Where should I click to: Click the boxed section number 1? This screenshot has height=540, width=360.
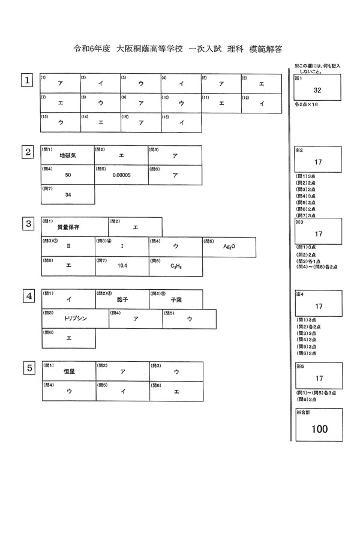(x=27, y=80)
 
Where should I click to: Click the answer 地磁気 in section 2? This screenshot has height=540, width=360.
(x=67, y=155)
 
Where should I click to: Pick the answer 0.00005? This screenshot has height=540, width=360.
(x=121, y=175)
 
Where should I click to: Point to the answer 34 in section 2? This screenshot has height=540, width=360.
(x=68, y=195)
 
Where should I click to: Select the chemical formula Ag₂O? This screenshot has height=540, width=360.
(x=229, y=247)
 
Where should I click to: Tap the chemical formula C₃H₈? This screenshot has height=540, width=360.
(x=176, y=266)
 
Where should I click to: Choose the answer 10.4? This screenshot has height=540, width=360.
(x=122, y=265)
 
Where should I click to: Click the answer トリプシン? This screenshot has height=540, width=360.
(x=75, y=319)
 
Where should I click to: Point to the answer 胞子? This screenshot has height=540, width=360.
(x=122, y=299)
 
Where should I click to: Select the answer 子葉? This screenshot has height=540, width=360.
(x=176, y=299)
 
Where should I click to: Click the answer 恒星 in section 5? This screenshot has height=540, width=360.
(x=68, y=371)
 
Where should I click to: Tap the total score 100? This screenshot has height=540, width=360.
(x=319, y=429)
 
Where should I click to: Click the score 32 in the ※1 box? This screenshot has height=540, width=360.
(x=319, y=91)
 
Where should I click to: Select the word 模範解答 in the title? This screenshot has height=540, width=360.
(x=266, y=48)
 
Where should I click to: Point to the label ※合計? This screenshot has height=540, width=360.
(x=304, y=413)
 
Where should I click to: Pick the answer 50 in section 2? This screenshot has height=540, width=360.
(x=68, y=175)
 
